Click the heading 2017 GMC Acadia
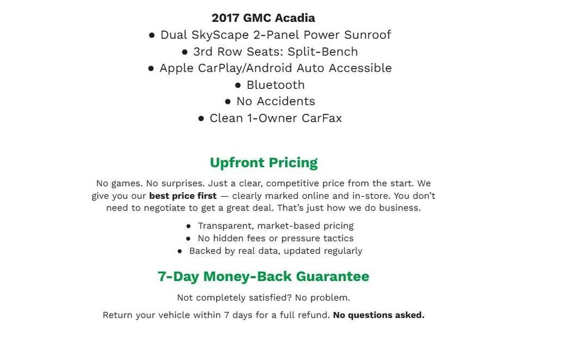tap(263, 18)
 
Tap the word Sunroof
tap(367, 35)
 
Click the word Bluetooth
tap(276, 85)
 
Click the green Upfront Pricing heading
tap(263, 163)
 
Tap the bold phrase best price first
tap(183, 196)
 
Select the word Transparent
tap(226, 226)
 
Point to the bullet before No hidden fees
tap(188, 239)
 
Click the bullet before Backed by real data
tap(179, 251)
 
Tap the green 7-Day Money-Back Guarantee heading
tap(263, 277)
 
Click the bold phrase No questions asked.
tap(378, 316)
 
